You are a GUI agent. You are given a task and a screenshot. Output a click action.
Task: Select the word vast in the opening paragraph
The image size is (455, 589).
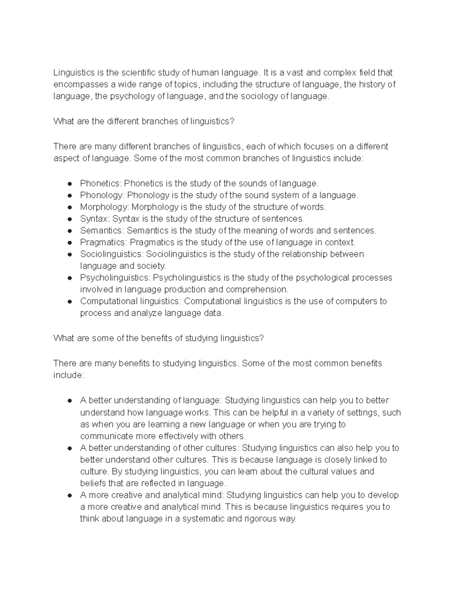(x=295, y=72)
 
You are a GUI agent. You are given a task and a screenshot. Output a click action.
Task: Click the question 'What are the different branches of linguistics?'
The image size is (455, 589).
(x=144, y=121)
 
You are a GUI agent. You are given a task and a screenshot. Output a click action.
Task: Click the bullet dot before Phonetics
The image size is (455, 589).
(x=69, y=184)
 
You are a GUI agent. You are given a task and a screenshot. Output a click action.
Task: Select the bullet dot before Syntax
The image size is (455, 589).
(x=69, y=219)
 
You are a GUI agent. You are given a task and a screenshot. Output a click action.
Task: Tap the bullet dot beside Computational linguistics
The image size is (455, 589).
(x=69, y=302)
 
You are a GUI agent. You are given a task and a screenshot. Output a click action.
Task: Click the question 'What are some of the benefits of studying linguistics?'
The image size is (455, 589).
(x=158, y=338)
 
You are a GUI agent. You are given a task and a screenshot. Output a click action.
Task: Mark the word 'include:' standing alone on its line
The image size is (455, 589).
(x=68, y=375)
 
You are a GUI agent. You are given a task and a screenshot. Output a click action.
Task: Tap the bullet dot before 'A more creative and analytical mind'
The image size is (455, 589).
(x=69, y=496)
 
